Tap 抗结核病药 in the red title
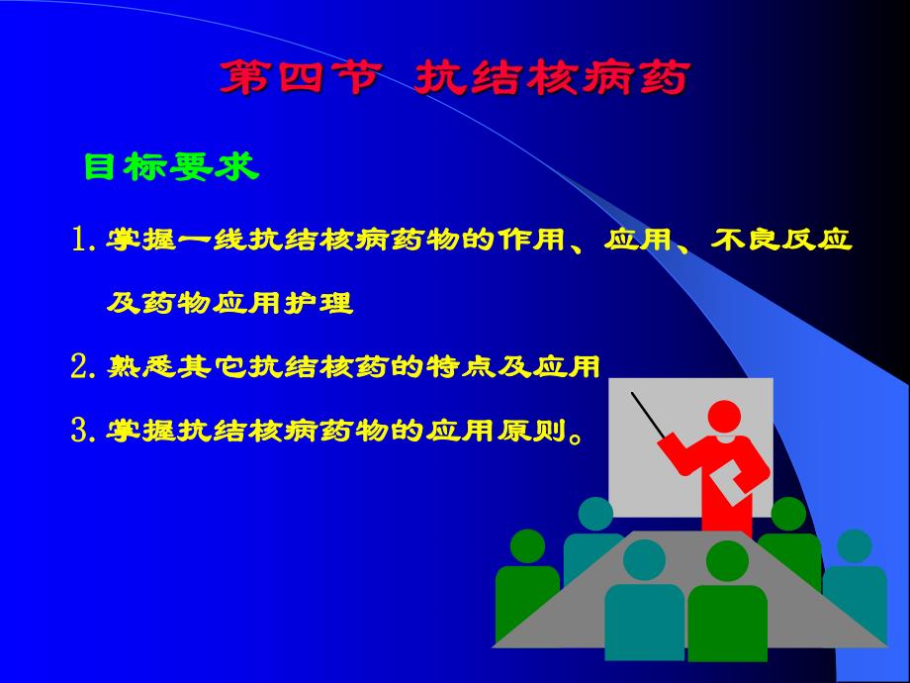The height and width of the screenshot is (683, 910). tap(550, 78)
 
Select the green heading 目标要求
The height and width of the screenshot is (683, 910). tap(171, 167)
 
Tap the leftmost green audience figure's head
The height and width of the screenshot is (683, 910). tap(527, 545)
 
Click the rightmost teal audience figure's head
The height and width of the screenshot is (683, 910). tap(853, 545)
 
